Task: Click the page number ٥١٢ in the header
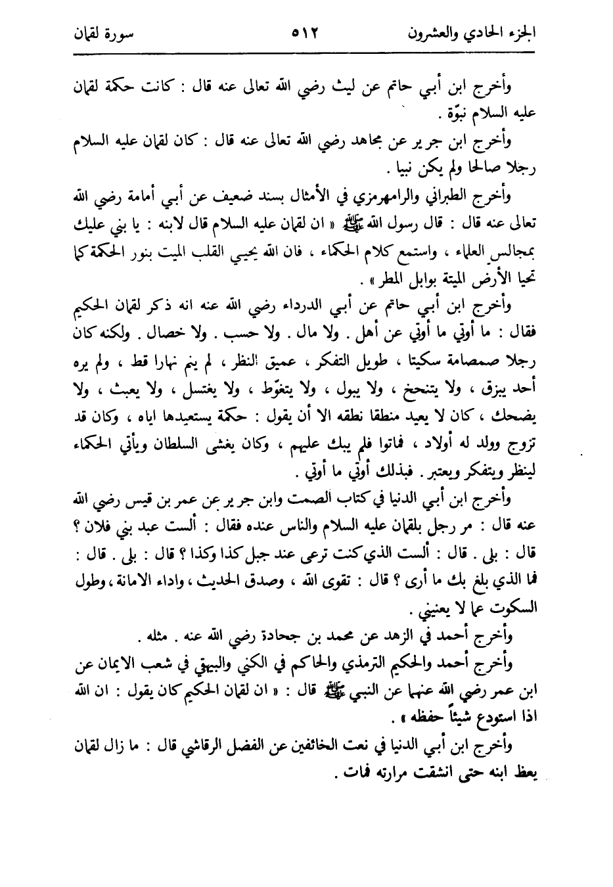(304, 32)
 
